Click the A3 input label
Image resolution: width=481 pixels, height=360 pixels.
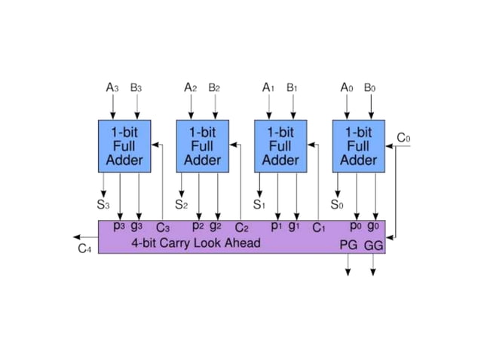tap(112, 88)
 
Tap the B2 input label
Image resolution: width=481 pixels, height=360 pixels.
tap(214, 88)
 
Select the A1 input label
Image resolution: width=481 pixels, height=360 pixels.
tap(268, 88)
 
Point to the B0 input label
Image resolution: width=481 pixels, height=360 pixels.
tap(369, 88)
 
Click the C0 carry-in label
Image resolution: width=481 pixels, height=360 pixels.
tap(404, 138)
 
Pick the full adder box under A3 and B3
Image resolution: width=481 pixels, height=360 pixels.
tap(124, 145)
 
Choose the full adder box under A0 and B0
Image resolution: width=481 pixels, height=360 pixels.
tap(359, 145)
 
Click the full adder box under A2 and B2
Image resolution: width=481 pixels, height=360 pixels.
tap(203, 145)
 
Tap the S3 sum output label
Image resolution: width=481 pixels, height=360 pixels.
tap(103, 204)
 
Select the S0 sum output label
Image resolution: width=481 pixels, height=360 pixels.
tap(337, 204)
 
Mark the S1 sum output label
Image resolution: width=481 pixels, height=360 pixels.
tap(259, 204)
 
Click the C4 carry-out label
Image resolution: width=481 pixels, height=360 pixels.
tap(85, 249)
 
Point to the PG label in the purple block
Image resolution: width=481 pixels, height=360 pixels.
tap(348, 246)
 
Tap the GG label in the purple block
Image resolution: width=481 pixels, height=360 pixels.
tap(374, 246)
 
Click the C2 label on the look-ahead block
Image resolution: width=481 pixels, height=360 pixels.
tap(241, 227)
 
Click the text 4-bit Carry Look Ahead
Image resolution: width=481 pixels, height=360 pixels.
tap(196, 243)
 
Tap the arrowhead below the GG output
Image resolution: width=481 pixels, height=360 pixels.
tap(373, 272)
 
